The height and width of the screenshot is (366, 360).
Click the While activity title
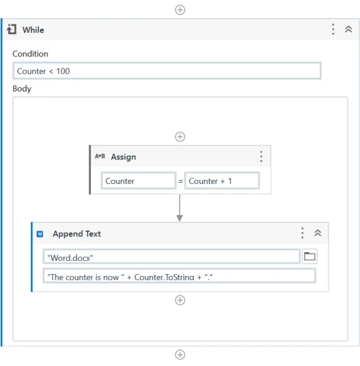pos(33,30)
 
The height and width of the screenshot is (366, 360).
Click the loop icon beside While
pos(12,30)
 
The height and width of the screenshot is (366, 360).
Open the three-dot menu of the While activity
pos(333,29)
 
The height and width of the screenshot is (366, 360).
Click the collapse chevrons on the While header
pos(348,29)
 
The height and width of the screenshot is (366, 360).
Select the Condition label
pos(30,54)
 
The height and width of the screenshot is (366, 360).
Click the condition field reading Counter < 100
pos(167,71)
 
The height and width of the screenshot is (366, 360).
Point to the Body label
pos(22,89)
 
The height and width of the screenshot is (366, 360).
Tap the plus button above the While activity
pos(180,10)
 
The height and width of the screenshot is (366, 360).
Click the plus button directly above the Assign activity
pos(180,137)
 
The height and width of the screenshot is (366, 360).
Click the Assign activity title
pos(124,157)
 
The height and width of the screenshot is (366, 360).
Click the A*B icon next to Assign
pos(100,156)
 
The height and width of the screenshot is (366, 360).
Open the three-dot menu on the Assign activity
pos(261,157)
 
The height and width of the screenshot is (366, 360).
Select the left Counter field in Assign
pos(139,181)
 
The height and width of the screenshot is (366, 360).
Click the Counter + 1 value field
pos(222,181)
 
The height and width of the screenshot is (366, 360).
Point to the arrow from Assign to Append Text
pos(179,208)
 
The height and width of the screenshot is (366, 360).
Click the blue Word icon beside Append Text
pos(40,234)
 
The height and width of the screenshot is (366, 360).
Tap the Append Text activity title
pos(77,234)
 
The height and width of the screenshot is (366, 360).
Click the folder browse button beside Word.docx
pos(310,256)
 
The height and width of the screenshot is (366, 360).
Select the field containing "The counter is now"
pos(179,276)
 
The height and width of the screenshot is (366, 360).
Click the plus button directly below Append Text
pos(180,300)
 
